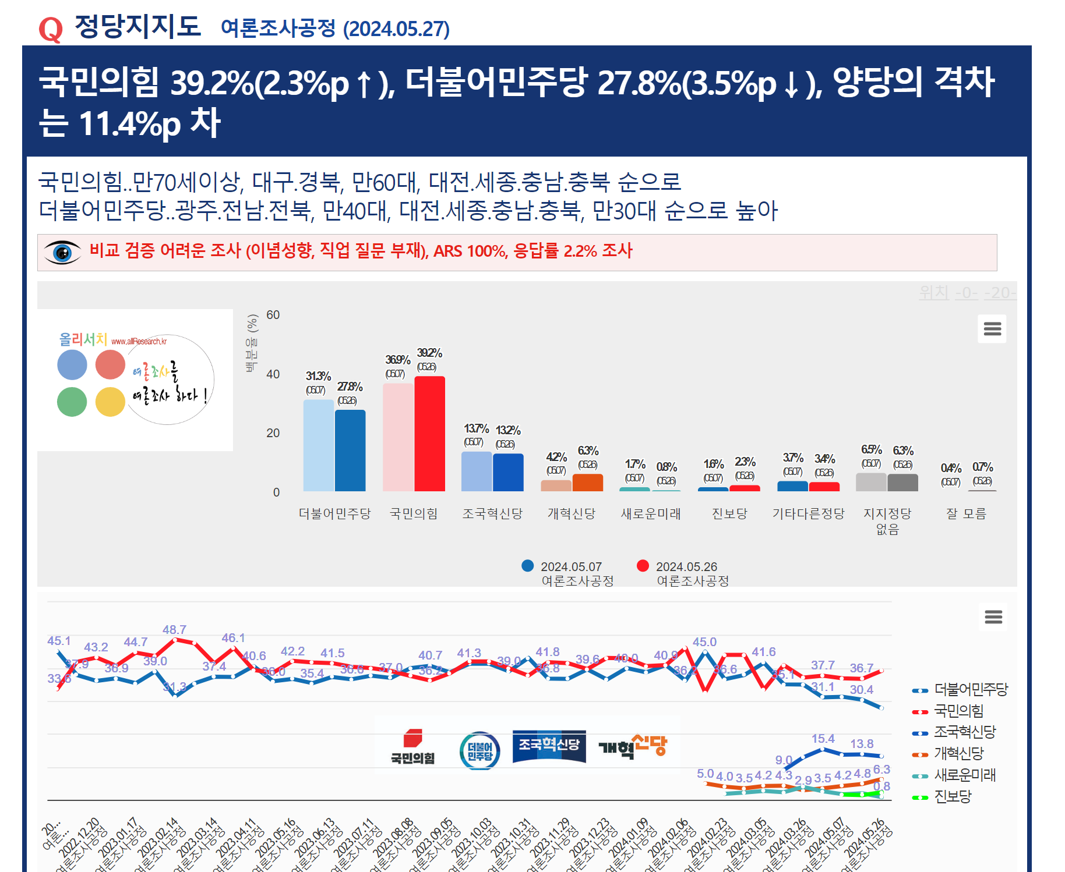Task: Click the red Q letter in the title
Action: coord(51,29)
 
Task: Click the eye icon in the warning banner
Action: coord(62,253)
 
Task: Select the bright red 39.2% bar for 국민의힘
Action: coord(429,434)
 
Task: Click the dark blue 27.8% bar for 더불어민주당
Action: coord(350,451)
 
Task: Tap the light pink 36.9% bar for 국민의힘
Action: coord(398,437)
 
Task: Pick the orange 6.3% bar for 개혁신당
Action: coord(587,483)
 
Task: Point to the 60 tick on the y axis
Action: coord(273,315)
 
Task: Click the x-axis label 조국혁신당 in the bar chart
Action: coord(492,513)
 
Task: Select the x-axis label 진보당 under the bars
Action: coord(729,513)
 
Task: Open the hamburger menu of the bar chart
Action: coord(992,329)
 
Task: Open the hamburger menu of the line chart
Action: coord(993,616)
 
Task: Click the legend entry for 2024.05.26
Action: coord(686,567)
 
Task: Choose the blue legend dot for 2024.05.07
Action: coord(528,566)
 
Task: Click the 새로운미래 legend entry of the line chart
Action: coord(964,775)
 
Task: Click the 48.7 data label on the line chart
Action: coord(174,630)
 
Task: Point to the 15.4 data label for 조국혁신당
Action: coord(823,739)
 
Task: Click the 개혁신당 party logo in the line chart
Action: coord(633,746)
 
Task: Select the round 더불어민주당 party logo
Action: coord(479,751)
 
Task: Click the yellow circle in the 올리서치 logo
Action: coord(110,402)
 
